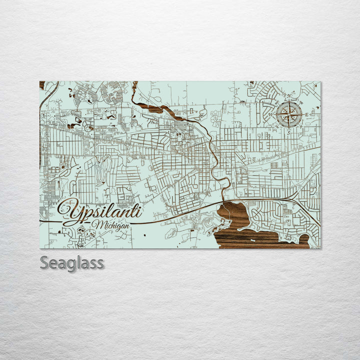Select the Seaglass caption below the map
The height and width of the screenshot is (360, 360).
(72, 262)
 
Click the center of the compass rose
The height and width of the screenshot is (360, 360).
(289, 114)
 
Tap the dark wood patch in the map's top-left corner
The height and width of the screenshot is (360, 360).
(42, 84)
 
